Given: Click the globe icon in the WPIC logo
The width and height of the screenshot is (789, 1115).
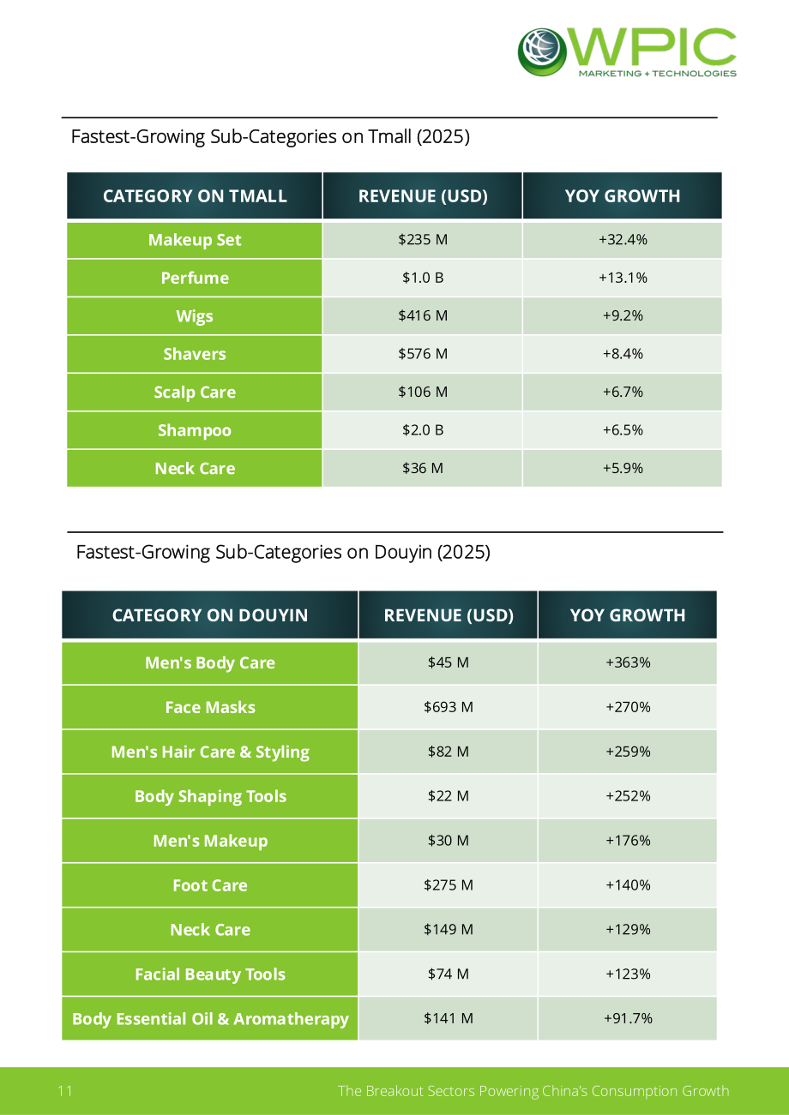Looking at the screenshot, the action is [x=542, y=51].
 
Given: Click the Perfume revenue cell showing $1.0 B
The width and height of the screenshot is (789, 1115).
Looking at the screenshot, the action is [x=423, y=278].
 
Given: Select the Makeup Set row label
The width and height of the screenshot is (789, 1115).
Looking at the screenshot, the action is [x=195, y=240].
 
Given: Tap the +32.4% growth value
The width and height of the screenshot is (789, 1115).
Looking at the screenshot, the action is [x=623, y=239].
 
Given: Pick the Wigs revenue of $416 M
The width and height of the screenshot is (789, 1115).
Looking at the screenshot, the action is [x=423, y=315].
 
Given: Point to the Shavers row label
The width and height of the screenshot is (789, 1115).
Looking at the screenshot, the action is [x=195, y=354].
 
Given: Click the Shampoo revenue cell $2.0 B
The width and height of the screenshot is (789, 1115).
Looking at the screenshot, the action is [x=423, y=430].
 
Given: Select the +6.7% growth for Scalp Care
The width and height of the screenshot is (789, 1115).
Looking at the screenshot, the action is [x=623, y=392].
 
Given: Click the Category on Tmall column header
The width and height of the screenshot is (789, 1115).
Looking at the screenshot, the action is [x=195, y=196].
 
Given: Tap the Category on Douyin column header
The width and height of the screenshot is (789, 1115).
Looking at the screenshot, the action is [x=210, y=615].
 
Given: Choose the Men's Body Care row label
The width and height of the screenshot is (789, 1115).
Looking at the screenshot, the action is [x=210, y=663].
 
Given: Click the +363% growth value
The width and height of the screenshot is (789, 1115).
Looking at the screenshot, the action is [x=628, y=662].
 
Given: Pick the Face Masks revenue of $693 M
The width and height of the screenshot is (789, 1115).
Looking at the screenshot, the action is [x=449, y=707].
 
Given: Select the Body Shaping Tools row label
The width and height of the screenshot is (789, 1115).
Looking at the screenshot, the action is [x=210, y=796].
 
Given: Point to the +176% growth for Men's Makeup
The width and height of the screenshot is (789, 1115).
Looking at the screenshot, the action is [x=628, y=841].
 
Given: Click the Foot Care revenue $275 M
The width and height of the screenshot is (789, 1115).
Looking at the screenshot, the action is [x=449, y=885].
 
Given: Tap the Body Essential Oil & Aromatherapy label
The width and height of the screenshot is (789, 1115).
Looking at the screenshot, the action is [x=210, y=1019].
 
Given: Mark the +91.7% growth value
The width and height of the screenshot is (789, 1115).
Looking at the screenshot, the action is [x=628, y=1018].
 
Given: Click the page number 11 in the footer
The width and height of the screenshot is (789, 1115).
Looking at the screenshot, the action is [x=65, y=1091].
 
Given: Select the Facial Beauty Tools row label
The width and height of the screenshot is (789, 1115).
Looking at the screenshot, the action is [x=210, y=974].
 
